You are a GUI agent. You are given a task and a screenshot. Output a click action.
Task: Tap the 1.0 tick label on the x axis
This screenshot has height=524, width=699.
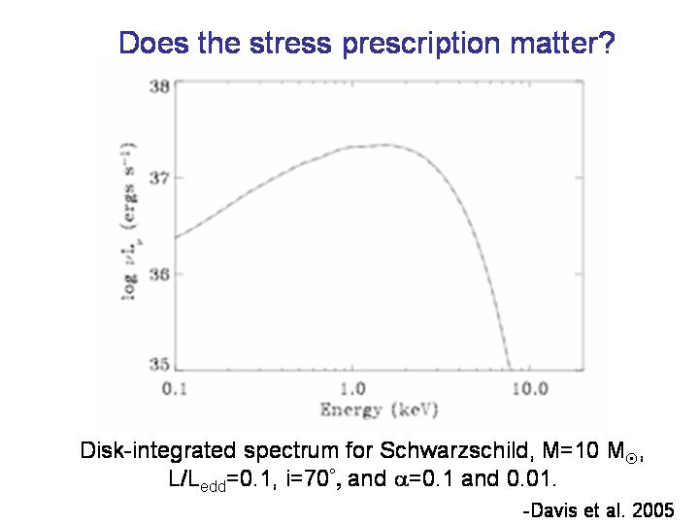coord(351,389)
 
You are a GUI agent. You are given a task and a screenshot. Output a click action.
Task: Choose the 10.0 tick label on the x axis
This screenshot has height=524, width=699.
coord(529,389)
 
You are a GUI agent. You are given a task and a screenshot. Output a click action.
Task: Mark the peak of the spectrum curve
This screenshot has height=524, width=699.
coord(385,145)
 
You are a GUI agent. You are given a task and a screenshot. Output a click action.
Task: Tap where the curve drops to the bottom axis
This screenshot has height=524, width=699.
coord(508,369)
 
